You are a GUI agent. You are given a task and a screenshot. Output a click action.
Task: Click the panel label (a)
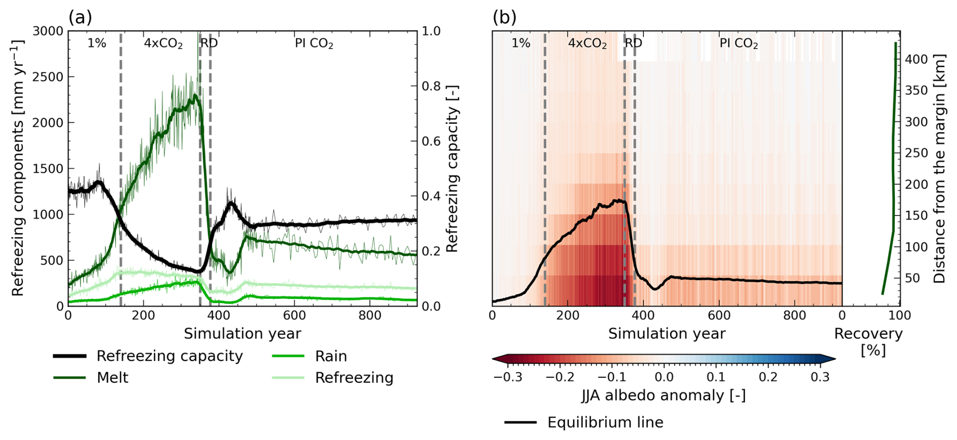(80, 18)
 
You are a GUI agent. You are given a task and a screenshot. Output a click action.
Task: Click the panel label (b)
(504, 18)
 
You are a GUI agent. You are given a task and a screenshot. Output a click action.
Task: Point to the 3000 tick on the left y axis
(48, 31)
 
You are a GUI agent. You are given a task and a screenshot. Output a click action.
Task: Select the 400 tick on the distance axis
(916, 59)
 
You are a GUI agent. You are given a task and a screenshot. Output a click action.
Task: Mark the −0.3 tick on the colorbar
(508, 377)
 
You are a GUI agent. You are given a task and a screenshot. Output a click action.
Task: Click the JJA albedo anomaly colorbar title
(664, 395)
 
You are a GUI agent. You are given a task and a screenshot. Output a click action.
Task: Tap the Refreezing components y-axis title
(18, 168)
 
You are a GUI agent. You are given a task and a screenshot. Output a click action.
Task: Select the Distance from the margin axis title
(939, 168)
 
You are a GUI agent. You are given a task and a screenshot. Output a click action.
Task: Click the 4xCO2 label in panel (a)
(163, 43)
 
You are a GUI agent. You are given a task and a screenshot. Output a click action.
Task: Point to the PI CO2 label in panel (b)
(738, 43)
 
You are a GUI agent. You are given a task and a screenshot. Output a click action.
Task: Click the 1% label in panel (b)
(520, 43)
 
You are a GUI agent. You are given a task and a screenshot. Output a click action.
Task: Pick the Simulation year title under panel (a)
(242, 334)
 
